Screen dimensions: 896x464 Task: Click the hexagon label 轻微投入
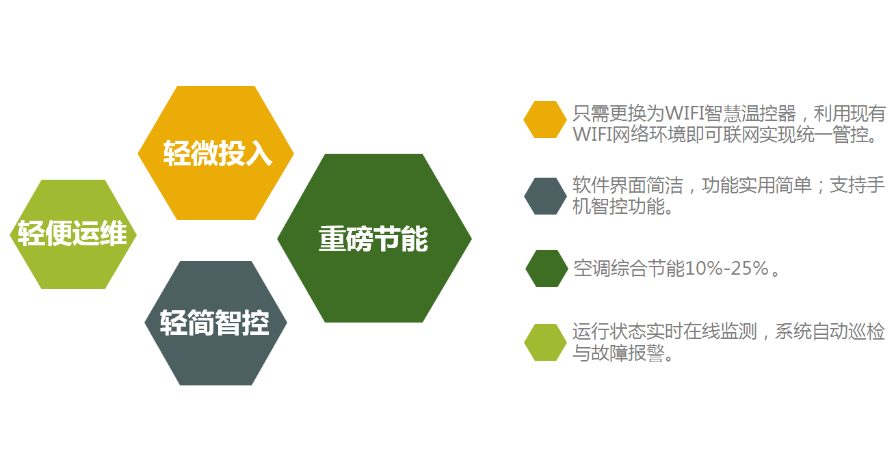218,153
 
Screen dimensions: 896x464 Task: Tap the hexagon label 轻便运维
73,233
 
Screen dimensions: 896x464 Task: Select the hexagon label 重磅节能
373,239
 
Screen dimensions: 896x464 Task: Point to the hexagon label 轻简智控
215,323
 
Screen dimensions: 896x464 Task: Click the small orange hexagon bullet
545,120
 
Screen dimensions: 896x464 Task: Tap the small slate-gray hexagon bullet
545,196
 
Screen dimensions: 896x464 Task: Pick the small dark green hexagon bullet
546,268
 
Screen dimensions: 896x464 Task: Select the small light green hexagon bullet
545,342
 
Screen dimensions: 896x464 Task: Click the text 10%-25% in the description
727,268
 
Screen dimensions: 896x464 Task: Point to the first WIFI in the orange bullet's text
685,113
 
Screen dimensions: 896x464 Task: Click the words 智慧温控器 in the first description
750,113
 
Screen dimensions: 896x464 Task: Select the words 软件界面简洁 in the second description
628,185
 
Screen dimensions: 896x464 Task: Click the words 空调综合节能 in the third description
629,268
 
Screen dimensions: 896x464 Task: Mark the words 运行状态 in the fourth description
609,331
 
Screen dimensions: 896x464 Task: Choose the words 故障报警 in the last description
628,353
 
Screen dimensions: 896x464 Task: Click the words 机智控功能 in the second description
618,206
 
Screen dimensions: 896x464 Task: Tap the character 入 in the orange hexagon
259,153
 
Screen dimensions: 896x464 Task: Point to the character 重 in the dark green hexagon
332,239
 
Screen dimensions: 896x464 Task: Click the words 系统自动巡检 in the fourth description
830,331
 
